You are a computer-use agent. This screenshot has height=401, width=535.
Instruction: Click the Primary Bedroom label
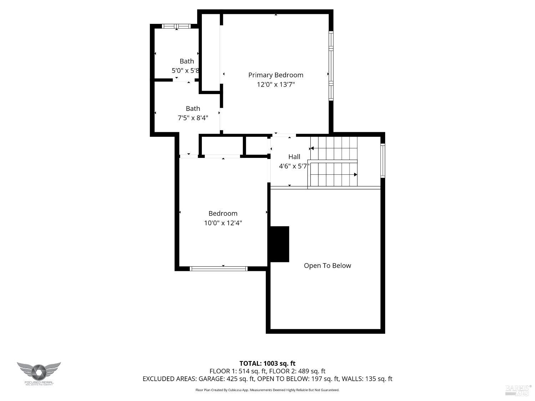(276, 75)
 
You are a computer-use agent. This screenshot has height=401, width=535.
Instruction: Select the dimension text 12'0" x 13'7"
(276, 84)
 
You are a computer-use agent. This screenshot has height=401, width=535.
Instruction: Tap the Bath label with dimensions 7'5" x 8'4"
(193, 108)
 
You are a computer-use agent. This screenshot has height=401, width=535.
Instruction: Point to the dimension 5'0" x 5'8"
(185, 71)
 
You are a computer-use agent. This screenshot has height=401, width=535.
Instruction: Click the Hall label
(294, 156)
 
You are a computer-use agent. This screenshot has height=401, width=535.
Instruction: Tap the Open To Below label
(327, 266)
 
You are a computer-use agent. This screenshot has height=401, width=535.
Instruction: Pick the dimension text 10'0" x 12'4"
(223, 223)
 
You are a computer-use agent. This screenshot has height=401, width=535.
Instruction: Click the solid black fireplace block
(279, 244)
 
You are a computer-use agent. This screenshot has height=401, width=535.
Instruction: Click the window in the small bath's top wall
(176, 26)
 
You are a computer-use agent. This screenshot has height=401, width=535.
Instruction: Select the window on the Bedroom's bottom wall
(218, 268)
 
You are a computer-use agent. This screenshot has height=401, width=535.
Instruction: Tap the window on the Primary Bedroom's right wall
(331, 66)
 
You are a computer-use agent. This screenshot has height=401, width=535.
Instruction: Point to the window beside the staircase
(382, 160)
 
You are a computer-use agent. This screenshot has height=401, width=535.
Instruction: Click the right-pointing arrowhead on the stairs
(355, 175)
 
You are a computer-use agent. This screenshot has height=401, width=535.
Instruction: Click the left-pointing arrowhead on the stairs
(312, 148)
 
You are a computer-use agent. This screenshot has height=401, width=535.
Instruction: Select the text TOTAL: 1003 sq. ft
(267, 364)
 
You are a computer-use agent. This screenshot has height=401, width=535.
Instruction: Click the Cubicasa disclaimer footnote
(267, 390)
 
